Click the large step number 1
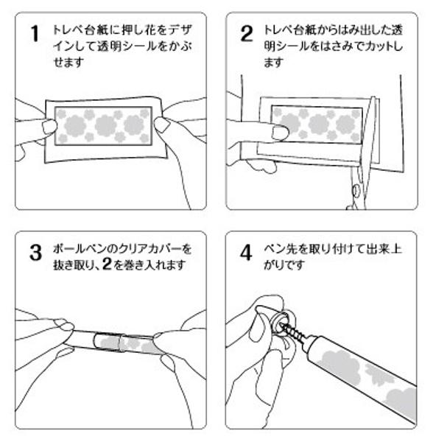35,34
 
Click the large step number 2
247,34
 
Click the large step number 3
36,253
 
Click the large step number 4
246,253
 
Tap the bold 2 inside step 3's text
107,264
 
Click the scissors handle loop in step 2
356,191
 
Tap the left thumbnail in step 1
49,126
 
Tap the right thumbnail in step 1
161,125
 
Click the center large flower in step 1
105,125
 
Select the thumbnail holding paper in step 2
280,133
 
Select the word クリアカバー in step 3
150,249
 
